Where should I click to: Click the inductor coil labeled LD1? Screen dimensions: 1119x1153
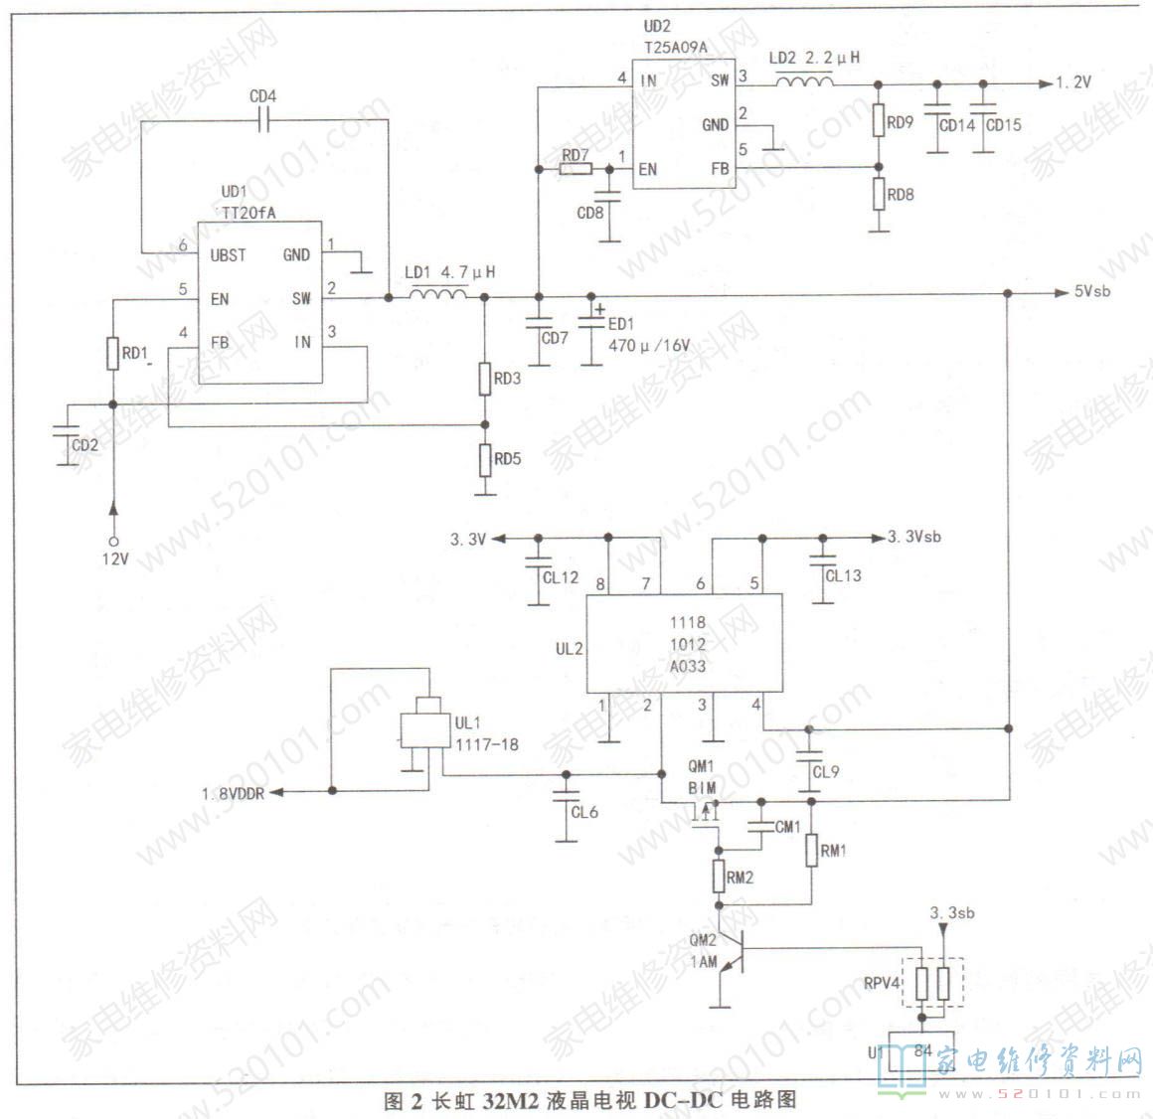coord(437,294)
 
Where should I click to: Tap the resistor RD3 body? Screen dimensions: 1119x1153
coord(485,379)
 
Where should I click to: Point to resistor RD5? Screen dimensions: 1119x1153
coord(485,460)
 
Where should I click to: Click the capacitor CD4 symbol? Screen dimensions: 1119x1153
coord(263,119)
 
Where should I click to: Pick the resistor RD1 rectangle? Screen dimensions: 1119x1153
coord(112,353)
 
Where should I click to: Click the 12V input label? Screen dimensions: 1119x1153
coord(115,559)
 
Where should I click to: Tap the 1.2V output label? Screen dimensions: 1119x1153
coord(1072,83)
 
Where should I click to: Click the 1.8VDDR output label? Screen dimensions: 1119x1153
coord(233,793)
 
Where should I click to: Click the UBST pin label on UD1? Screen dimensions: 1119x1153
coord(228,255)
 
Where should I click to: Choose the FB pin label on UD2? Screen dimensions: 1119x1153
coord(720,169)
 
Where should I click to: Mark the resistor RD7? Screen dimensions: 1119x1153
coord(575,170)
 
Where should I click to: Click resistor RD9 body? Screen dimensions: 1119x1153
coord(879,121)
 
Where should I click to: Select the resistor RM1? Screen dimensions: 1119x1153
coord(811,851)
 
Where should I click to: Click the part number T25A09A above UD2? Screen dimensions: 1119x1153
coord(675,46)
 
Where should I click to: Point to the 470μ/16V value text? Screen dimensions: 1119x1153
coord(649,346)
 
